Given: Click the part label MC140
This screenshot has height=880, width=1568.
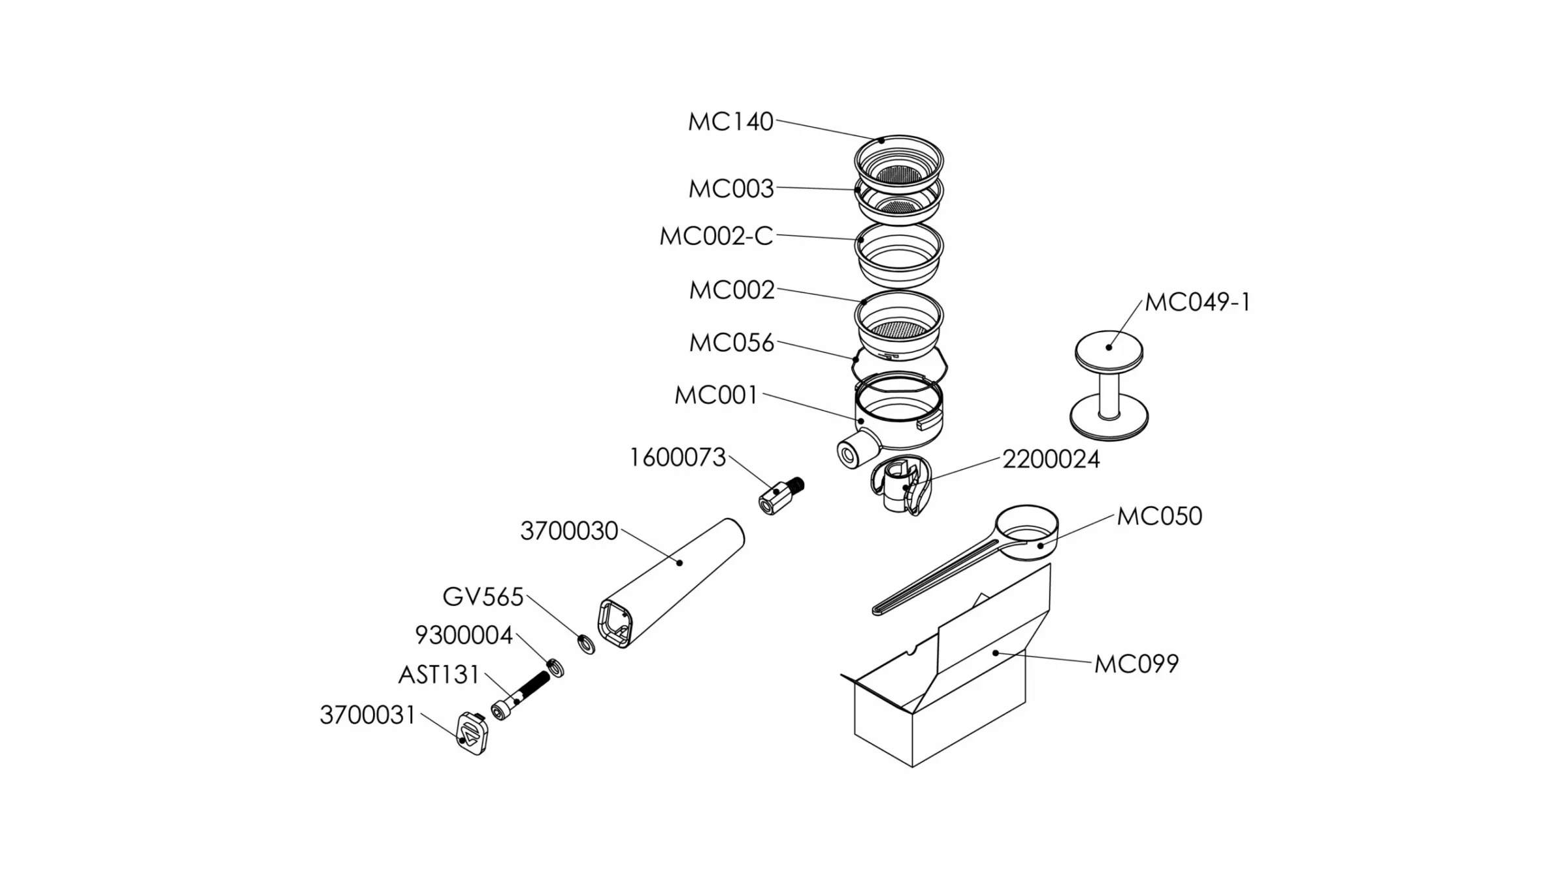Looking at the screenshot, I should tap(730, 122).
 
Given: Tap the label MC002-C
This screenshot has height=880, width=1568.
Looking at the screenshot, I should tap(716, 236).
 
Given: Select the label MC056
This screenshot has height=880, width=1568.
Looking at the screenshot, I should tap(732, 343).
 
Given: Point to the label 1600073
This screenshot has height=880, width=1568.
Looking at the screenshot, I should tap(678, 458).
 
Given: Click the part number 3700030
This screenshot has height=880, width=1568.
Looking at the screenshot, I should tap(569, 531).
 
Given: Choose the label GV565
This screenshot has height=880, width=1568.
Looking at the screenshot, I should tap(483, 597).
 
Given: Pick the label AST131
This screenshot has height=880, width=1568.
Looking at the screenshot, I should tap(439, 675).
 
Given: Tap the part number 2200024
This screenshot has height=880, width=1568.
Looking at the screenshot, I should tap(1051, 460).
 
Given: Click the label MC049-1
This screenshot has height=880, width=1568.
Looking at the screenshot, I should tap(1198, 303).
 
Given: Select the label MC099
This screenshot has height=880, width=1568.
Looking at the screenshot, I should tap(1137, 664).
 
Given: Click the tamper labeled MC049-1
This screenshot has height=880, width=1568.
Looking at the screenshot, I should tap(1109, 386).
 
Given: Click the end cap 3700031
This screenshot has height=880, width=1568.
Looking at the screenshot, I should tap(472, 734).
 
